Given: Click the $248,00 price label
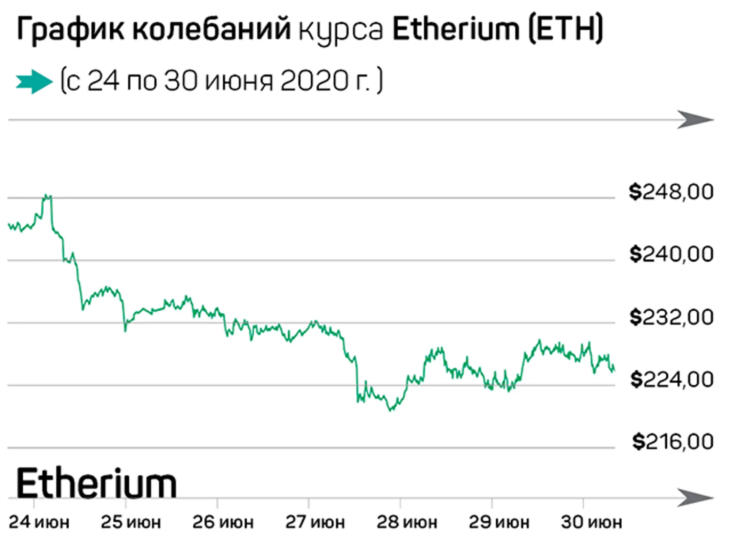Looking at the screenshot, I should tap(671, 192).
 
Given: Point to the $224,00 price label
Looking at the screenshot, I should tap(672, 379).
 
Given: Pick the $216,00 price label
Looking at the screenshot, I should tap(673, 442).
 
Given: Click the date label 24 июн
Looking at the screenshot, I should tap(39, 522).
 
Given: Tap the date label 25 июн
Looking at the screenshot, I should tap(131, 522).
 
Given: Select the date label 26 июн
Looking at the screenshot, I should tap(223, 522).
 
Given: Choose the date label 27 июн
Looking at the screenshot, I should tap(315, 522).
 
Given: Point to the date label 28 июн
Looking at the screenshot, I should tap(407, 522).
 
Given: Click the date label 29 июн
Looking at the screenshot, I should tap(499, 522).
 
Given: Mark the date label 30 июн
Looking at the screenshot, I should tap(591, 522).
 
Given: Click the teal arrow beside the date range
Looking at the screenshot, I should tap(34, 82).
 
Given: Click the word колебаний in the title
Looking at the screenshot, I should tap(212, 30).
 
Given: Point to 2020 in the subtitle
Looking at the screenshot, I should tap(315, 81).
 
